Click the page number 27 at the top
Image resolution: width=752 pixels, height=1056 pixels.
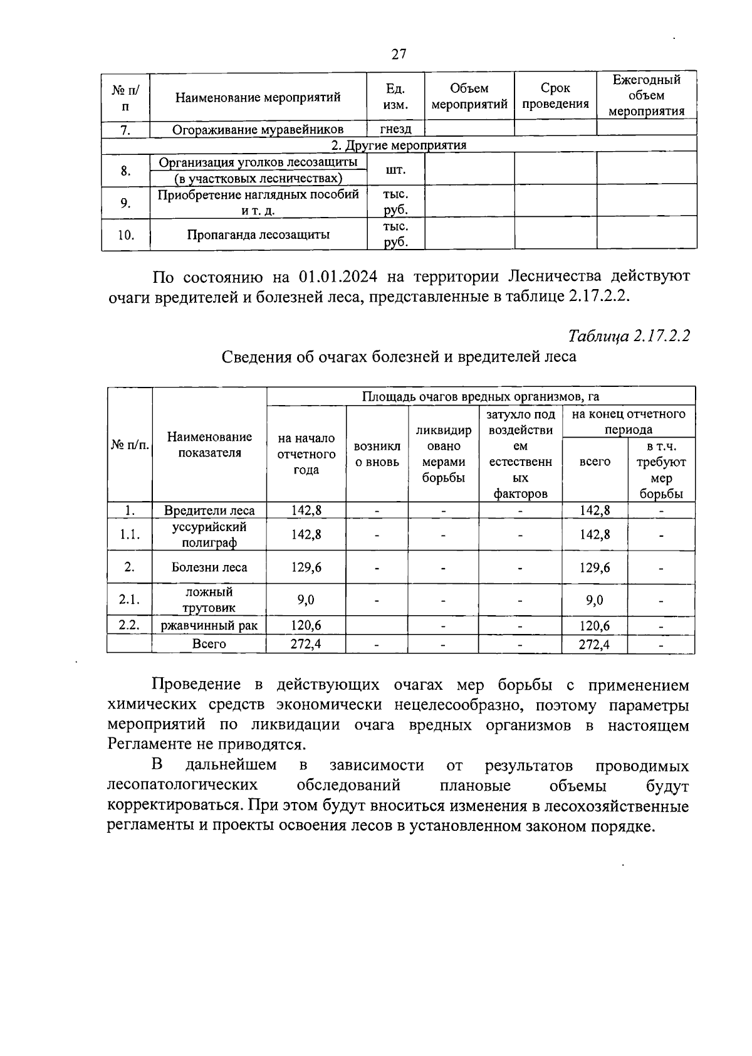click(x=399, y=54)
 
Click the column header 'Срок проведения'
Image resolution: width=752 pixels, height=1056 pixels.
click(x=555, y=96)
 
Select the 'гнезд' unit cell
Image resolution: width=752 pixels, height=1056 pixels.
click(x=395, y=129)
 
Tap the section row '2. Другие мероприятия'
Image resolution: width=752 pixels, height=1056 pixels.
click(x=399, y=145)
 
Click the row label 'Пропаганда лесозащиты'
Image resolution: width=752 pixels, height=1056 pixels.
click(x=258, y=235)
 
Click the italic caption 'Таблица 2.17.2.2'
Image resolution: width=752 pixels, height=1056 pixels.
click(x=629, y=335)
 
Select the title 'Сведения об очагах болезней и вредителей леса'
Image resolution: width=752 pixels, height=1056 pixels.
click(x=399, y=357)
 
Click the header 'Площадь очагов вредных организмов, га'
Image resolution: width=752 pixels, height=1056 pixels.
click(x=480, y=396)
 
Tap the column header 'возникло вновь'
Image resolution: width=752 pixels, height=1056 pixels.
click(x=377, y=454)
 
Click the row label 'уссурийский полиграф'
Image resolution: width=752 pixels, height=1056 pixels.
click(x=209, y=534)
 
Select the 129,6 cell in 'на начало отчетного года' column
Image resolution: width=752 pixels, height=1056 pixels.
click(x=306, y=567)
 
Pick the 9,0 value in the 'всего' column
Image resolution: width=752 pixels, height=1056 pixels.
click(x=594, y=600)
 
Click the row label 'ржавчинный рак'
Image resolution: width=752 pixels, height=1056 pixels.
click(x=209, y=625)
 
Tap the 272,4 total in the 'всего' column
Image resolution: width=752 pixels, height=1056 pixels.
click(x=594, y=644)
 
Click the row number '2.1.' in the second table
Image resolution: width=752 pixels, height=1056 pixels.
click(x=129, y=599)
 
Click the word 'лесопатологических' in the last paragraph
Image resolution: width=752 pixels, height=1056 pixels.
click(x=182, y=786)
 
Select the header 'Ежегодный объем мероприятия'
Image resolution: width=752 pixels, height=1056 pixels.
click(x=646, y=96)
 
